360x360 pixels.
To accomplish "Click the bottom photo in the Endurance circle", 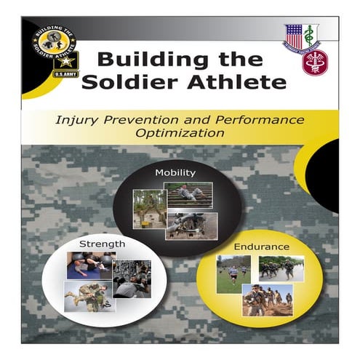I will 267,299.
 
